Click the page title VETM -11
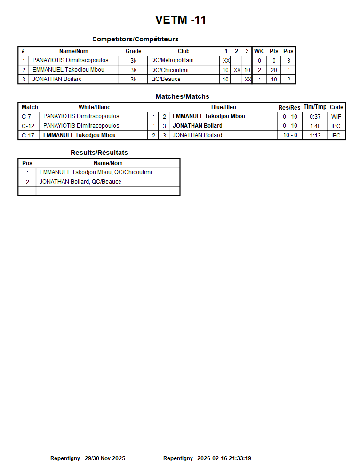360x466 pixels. (x=180, y=20)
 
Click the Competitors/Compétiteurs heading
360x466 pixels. (x=135, y=39)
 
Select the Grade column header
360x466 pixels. (x=133, y=51)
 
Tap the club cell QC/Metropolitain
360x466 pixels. (x=172, y=60)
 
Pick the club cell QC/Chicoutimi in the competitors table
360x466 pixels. (x=170, y=70)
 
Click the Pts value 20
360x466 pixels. (x=274, y=70)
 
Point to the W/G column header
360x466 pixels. (x=259, y=51)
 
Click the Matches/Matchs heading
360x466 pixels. (x=182, y=96)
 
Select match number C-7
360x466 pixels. (x=26, y=116)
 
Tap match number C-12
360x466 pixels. (x=28, y=126)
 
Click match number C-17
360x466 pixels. (x=28, y=135)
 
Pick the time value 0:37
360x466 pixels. (x=315, y=117)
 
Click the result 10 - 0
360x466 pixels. (x=290, y=136)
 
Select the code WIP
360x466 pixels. (x=336, y=117)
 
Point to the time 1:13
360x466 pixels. (x=315, y=136)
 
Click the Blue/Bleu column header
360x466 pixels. (x=224, y=107)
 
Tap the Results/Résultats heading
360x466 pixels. (x=99, y=153)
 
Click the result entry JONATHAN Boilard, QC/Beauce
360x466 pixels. (x=80, y=182)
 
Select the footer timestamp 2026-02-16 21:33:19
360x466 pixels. (x=224, y=458)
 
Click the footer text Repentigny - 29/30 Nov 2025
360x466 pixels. (x=88, y=458)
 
